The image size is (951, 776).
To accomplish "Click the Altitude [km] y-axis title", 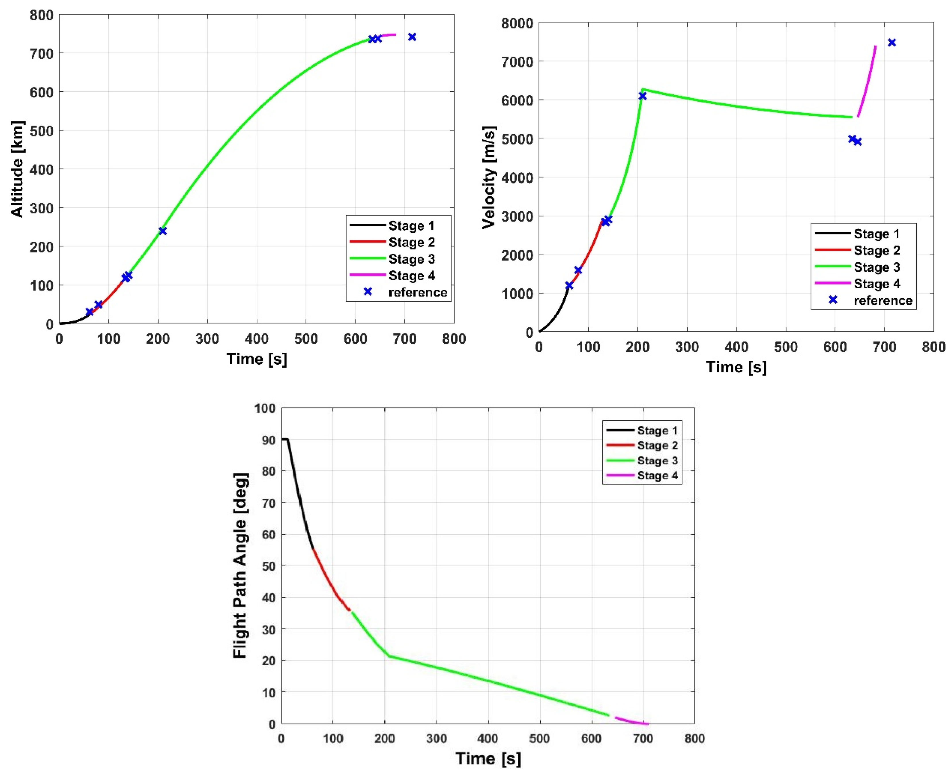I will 17,169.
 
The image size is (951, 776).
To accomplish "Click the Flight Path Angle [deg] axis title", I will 240,565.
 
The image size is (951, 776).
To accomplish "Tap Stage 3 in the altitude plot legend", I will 411,259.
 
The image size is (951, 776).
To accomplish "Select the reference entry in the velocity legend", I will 883,300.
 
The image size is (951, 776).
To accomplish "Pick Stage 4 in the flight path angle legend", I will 657,476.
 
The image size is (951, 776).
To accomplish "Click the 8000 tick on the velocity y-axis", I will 517,23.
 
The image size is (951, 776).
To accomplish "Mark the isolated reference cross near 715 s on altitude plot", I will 412,37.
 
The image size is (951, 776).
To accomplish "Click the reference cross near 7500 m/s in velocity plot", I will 892,43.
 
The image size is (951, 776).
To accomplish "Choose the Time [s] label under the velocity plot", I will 736,367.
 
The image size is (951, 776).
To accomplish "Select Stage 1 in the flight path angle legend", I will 657,431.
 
